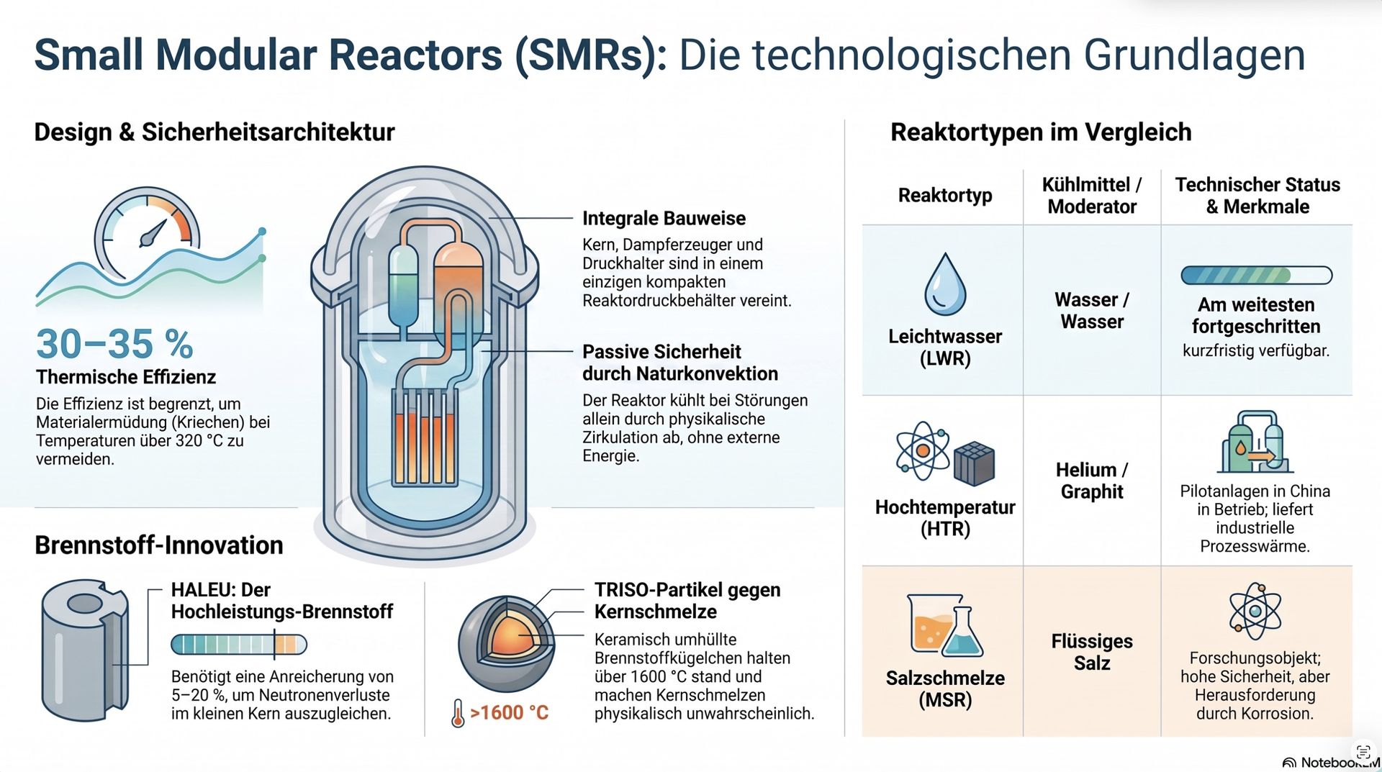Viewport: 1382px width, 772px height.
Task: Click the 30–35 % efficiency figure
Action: tap(114, 344)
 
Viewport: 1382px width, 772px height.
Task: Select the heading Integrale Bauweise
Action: tap(664, 218)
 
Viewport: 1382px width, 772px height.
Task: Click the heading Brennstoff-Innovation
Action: tap(159, 545)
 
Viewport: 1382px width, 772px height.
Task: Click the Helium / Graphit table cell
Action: tap(1092, 481)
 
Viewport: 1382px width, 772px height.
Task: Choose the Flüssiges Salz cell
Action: tap(1092, 652)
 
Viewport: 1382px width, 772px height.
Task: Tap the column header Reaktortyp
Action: tap(945, 195)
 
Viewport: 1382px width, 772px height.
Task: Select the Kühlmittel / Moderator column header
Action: tap(1092, 196)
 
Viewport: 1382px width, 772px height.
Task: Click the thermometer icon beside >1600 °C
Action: tap(458, 713)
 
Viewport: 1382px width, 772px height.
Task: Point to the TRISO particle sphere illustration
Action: tap(507, 642)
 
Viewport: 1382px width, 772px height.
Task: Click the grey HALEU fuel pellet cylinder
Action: tap(85, 650)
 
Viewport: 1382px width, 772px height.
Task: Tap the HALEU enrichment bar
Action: tap(239, 644)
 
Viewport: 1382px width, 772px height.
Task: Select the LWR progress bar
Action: tap(1256, 275)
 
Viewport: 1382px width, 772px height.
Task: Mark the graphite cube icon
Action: tap(974, 464)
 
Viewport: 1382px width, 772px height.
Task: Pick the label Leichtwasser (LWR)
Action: tap(945, 347)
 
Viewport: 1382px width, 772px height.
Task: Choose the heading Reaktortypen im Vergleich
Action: tap(1041, 132)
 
